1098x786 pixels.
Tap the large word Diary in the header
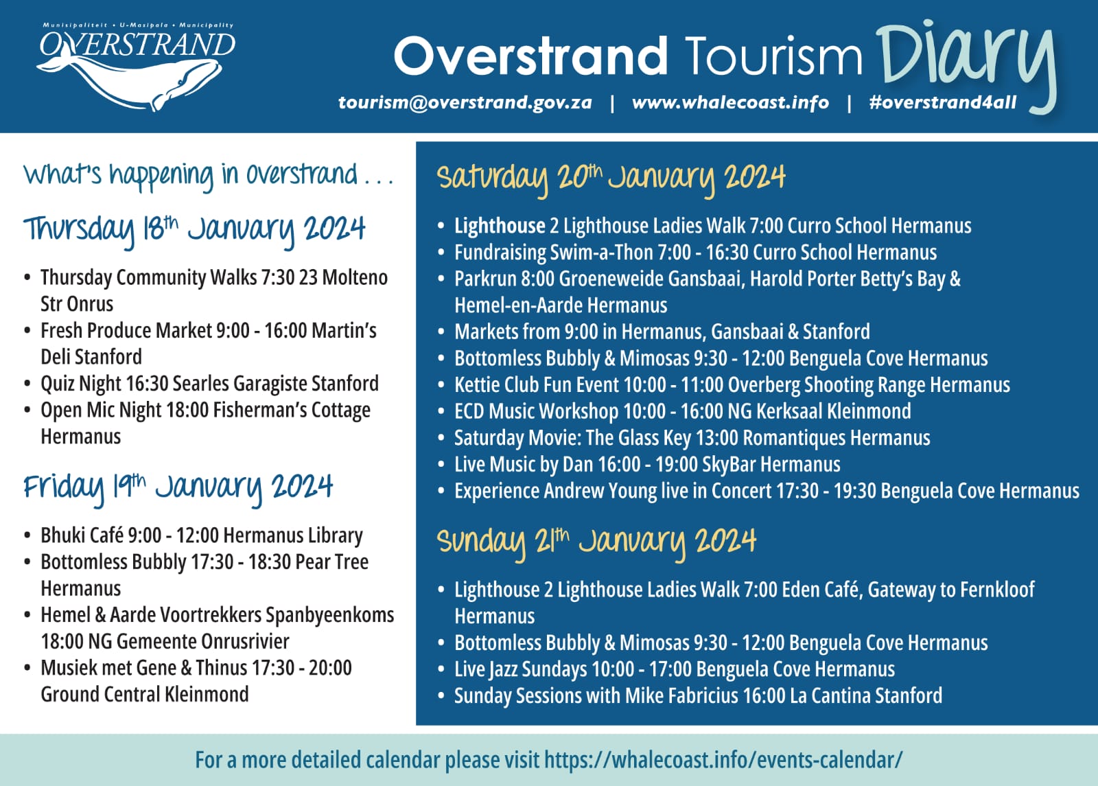pyautogui.click(x=966, y=64)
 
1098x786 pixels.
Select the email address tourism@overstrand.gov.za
pyautogui.click(x=465, y=102)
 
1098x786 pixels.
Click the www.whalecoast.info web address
pyautogui.click(x=730, y=102)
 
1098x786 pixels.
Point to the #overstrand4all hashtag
pyautogui.click(x=943, y=102)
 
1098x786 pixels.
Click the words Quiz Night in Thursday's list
pyautogui.click(x=81, y=384)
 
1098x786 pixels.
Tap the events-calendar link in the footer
pyautogui.click(x=723, y=760)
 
